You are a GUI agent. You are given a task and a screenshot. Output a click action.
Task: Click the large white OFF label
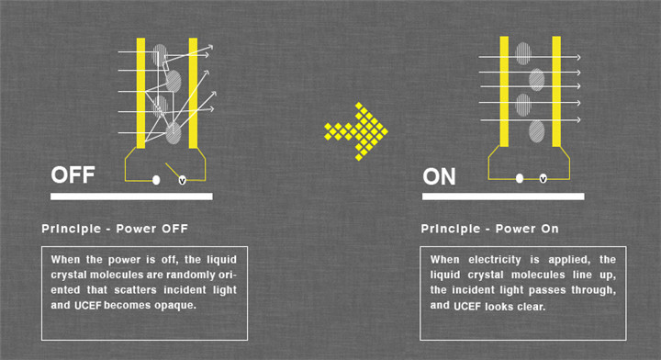coord(73,174)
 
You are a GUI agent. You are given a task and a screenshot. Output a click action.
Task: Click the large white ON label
coord(439,176)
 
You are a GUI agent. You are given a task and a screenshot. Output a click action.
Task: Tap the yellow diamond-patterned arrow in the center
coord(356,131)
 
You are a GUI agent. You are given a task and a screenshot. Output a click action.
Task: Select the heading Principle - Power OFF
coord(115,229)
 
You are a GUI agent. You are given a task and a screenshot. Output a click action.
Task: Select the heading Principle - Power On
coord(490,229)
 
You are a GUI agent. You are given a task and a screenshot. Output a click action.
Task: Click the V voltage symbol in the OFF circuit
coord(182,180)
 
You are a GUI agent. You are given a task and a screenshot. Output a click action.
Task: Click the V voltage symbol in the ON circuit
coord(543,179)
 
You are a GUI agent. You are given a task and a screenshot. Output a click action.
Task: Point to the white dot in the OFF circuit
coord(156,180)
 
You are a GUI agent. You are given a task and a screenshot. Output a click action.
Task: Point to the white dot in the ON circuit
coord(520,178)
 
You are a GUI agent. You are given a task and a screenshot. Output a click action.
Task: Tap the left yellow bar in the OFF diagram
coord(140,93)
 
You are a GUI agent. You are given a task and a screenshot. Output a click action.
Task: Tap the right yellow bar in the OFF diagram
coord(193,93)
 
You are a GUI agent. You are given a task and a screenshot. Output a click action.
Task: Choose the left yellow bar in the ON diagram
coord(504,92)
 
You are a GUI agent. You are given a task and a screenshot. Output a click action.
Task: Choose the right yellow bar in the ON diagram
coord(556,92)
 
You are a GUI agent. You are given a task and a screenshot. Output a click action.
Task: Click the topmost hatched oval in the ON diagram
coord(523,53)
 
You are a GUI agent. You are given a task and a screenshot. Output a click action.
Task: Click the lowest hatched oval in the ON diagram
coord(537,131)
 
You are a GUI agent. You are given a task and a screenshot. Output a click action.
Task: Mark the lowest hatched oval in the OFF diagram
coord(174,133)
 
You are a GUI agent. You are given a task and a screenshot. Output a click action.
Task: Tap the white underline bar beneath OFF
coord(131,197)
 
